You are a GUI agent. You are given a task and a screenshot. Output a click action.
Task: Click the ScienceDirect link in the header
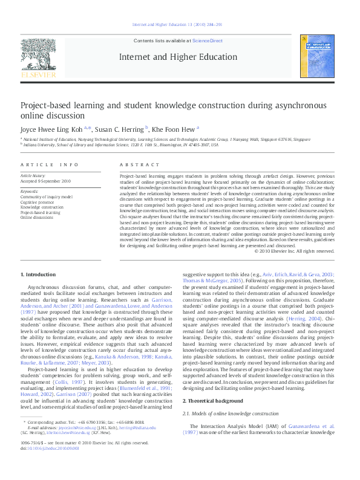pyautogui.click(x=208, y=41)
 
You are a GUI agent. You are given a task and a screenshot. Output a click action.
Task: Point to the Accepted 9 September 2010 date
pyautogui.click(x=47, y=181)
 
